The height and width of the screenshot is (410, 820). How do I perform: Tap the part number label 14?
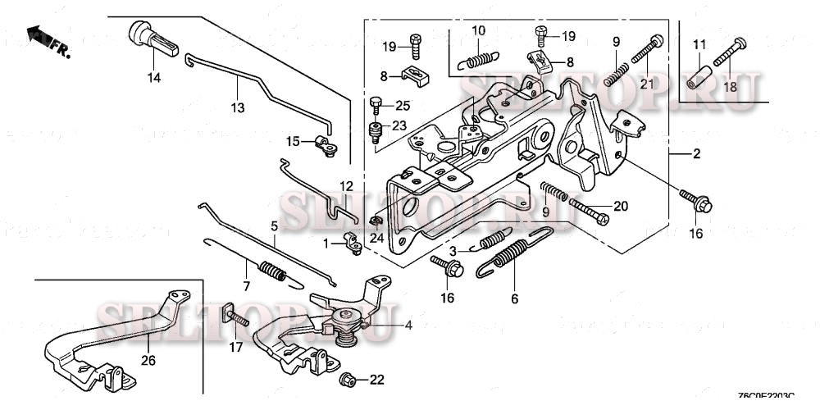154,78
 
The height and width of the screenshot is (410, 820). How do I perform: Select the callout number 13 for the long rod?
237,108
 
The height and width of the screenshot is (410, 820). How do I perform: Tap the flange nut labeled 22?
347,379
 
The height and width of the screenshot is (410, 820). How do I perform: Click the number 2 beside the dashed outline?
697,153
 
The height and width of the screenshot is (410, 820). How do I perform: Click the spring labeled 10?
477,58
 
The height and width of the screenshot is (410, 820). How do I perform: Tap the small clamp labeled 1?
353,243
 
